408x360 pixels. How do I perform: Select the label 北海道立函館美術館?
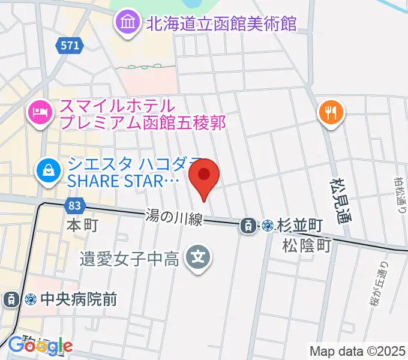(x=220, y=24)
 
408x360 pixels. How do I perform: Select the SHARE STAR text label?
(x=124, y=181)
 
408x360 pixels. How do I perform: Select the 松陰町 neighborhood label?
(x=307, y=245)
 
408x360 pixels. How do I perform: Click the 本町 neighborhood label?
(x=82, y=226)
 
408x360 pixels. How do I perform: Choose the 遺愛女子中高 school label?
(x=130, y=259)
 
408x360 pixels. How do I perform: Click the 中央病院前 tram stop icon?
(x=11, y=298)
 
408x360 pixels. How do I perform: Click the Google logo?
(x=40, y=346)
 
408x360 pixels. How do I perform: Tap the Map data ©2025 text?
(x=358, y=351)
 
